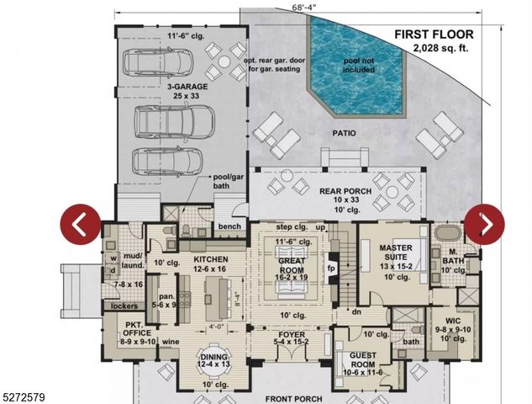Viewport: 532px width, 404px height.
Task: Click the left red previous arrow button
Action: coord(80,225)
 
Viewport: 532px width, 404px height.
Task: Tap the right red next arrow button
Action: coord(485,225)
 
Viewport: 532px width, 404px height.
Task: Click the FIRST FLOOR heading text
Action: coord(435,35)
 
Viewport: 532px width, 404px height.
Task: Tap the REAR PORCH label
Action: coord(345,191)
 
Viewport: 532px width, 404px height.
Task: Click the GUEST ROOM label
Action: coord(364,354)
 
